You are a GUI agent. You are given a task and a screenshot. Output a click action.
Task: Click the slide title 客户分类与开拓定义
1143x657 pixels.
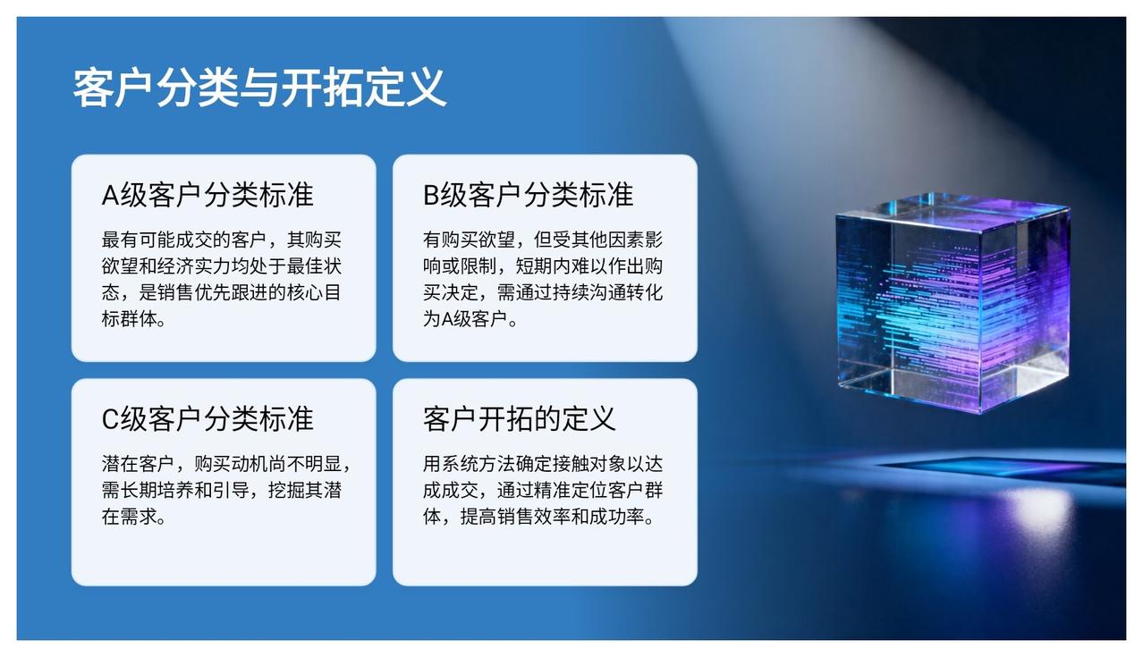(259, 88)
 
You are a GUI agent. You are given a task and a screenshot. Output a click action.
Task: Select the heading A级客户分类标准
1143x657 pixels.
(207, 195)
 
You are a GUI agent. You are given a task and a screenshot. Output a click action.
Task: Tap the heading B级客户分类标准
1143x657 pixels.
(529, 195)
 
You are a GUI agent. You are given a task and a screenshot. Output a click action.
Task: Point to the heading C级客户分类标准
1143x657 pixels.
(207, 419)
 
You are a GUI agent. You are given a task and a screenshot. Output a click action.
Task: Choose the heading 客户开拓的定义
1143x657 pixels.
(520, 419)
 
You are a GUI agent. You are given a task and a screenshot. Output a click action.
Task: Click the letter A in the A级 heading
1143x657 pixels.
(110, 196)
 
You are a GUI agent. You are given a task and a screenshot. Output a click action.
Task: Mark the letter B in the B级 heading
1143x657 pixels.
(431, 196)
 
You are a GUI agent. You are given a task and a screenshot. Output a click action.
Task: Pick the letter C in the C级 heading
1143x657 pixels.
(110, 420)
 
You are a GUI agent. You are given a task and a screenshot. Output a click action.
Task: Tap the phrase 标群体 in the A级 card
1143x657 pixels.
(129, 319)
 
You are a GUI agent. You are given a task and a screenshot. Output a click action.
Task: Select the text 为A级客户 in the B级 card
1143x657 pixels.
(464, 319)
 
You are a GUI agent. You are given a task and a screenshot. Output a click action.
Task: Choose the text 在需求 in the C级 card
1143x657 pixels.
(129, 517)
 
